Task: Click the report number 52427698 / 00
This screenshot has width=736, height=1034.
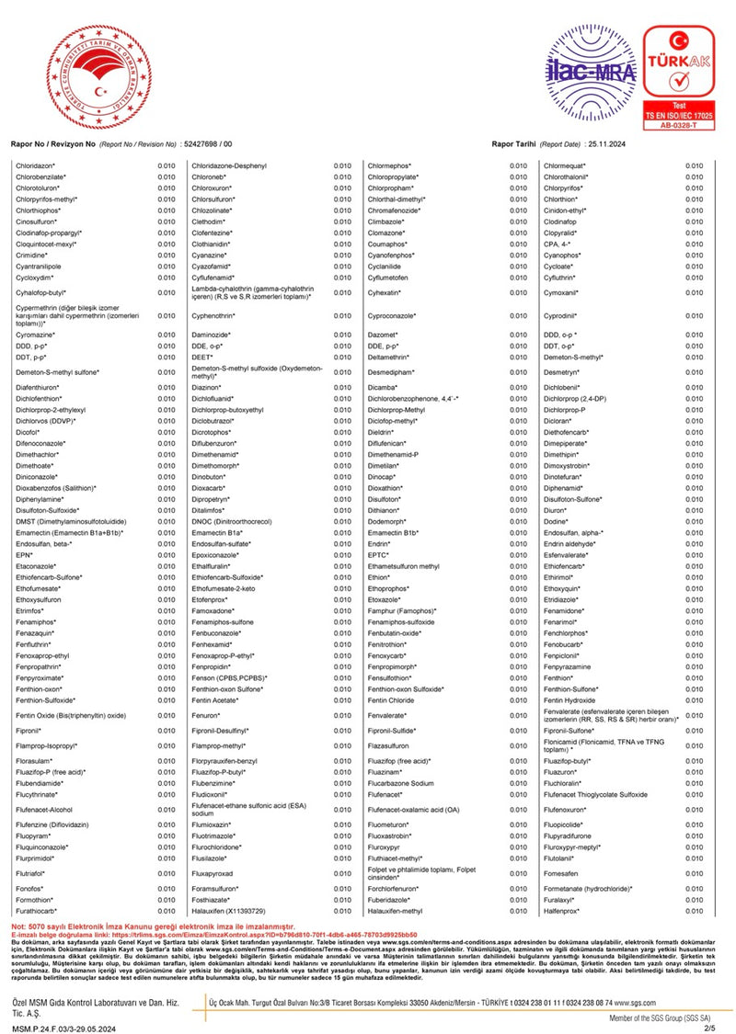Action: click(x=209, y=145)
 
